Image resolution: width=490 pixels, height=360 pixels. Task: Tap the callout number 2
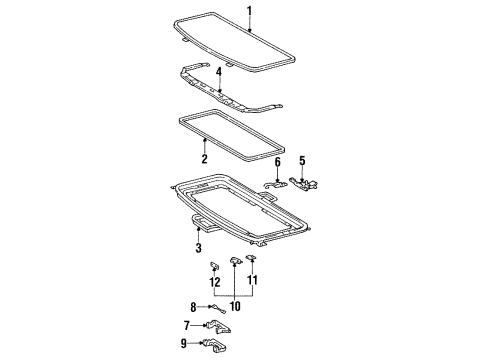(203, 159)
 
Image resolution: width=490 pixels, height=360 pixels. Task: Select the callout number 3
(198, 248)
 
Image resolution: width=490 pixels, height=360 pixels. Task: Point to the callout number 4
(219, 72)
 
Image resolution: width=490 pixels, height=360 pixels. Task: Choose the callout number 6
(277, 161)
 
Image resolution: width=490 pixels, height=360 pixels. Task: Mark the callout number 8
(194, 307)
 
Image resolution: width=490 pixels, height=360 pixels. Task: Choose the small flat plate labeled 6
(276, 183)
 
